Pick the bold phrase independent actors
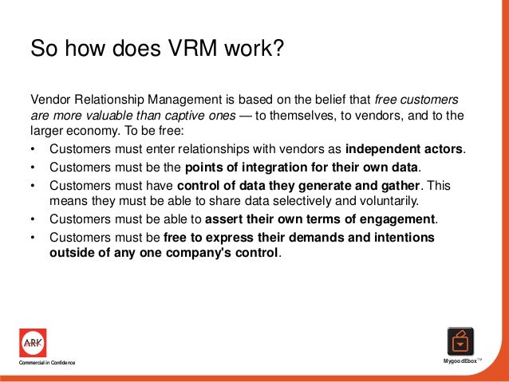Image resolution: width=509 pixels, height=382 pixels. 404,149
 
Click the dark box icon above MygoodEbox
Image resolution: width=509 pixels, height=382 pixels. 460,342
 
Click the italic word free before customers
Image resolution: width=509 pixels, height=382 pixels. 389,101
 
